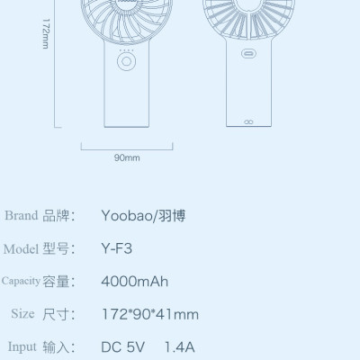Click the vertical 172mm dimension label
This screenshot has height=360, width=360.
pos(45,37)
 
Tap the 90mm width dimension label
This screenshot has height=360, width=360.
pos(127,158)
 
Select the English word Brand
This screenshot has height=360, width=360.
pos(22,215)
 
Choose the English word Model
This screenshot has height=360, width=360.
pos(20,248)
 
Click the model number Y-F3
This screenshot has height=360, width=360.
pos(117,249)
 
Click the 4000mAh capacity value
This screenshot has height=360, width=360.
pos(134,282)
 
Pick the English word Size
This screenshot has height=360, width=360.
pos(22,314)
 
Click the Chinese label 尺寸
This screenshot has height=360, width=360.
pos(56,314)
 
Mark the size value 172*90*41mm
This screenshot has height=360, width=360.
pos(149,314)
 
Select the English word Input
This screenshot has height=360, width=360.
pos(22,346)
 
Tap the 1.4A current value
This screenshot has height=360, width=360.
pos(179,346)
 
